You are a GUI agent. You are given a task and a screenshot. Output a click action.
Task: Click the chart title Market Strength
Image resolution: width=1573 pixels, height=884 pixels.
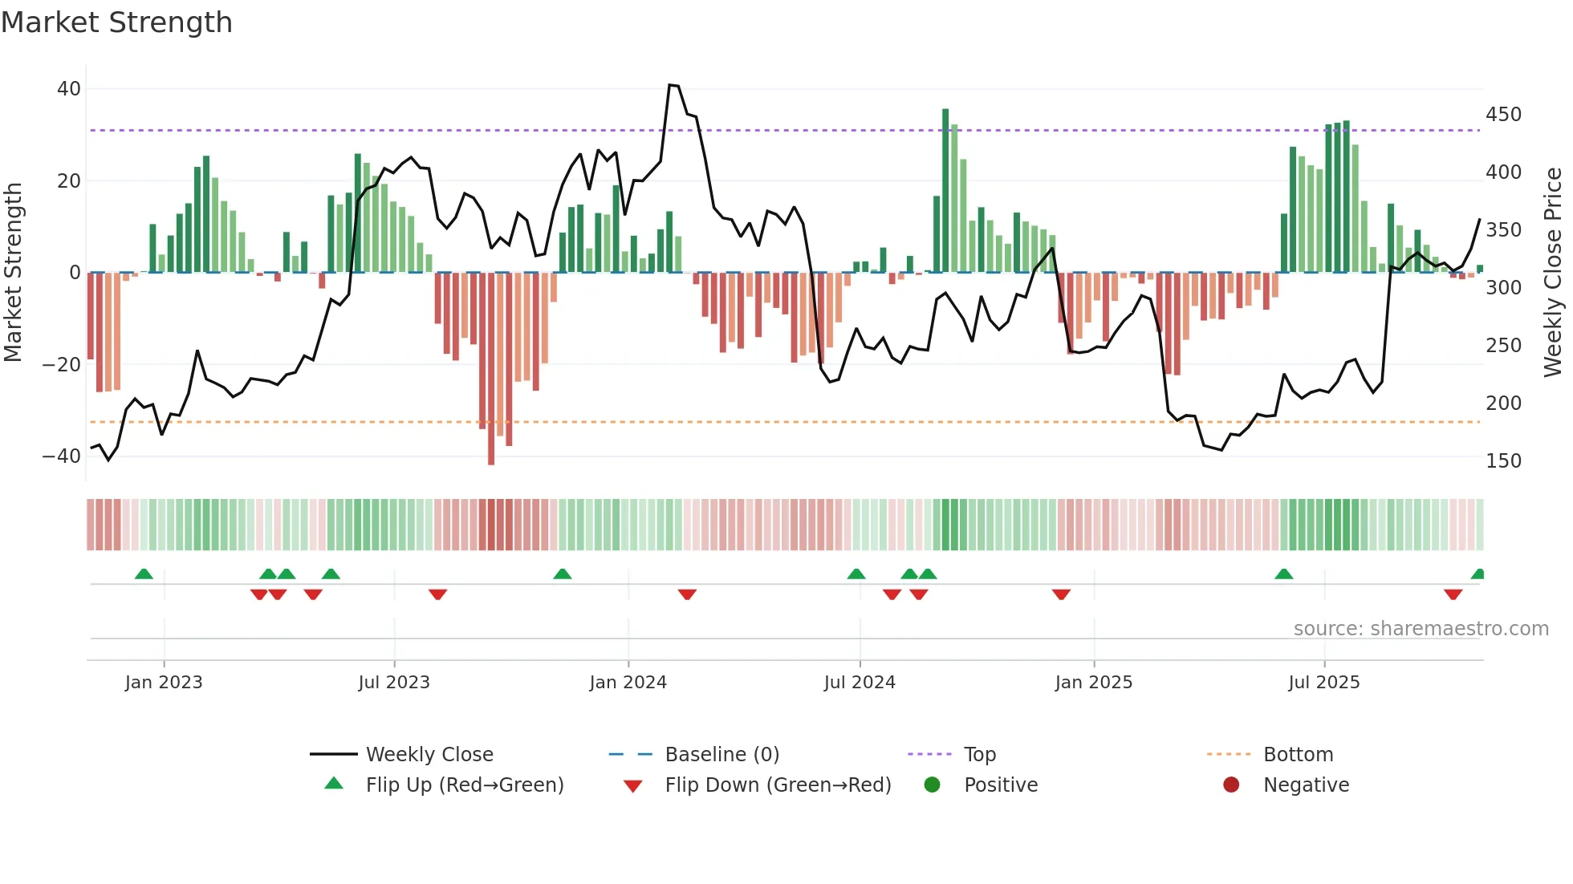[116, 22]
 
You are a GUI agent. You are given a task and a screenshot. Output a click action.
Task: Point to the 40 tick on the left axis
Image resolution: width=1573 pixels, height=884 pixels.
[69, 89]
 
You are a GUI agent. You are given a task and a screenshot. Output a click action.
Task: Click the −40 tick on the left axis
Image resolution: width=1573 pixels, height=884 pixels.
[62, 456]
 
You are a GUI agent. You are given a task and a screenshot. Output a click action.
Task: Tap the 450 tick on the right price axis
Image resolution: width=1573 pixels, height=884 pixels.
[1503, 115]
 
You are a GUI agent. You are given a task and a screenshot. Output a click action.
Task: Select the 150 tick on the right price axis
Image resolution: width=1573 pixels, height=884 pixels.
[1503, 461]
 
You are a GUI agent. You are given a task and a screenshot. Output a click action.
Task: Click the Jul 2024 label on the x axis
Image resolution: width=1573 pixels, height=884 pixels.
[860, 683]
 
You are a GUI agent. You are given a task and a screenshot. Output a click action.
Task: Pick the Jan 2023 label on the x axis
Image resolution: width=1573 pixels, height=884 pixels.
[164, 683]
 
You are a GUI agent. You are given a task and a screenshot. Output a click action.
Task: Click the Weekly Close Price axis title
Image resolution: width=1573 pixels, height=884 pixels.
[1553, 273]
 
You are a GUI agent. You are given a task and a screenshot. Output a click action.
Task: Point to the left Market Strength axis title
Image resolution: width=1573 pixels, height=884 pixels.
[14, 273]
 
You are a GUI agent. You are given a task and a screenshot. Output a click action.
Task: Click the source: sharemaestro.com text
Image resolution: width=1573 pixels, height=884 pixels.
[1421, 629]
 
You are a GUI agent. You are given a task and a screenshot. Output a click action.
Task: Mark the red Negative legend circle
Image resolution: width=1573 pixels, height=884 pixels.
[1231, 785]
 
